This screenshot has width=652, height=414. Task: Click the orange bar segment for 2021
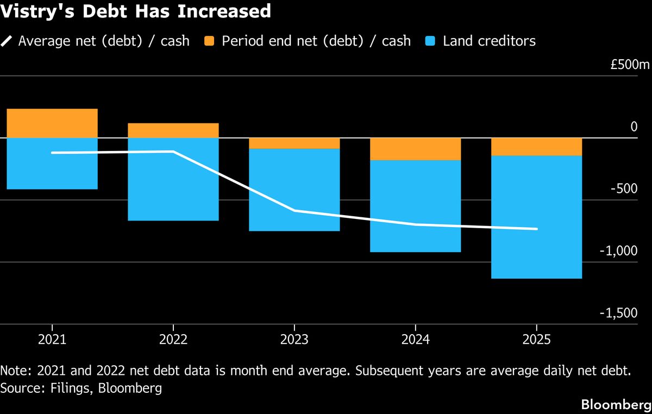coord(52,123)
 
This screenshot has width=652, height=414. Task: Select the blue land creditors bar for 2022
coord(173,179)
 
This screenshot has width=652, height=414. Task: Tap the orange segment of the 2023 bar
coord(294,143)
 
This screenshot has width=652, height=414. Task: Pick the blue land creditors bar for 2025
coord(537,217)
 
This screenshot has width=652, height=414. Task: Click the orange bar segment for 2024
coord(416,149)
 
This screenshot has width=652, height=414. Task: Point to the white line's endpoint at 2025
coord(537,229)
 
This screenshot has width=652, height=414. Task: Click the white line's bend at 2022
coord(173,152)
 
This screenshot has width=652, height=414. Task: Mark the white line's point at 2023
coord(294,210)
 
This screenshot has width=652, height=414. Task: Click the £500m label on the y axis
coord(630,65)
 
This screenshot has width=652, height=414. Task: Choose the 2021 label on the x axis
coord(52,340)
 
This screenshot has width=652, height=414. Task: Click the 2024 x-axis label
coord(416,340)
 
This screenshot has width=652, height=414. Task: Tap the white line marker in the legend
coord(7,41)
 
